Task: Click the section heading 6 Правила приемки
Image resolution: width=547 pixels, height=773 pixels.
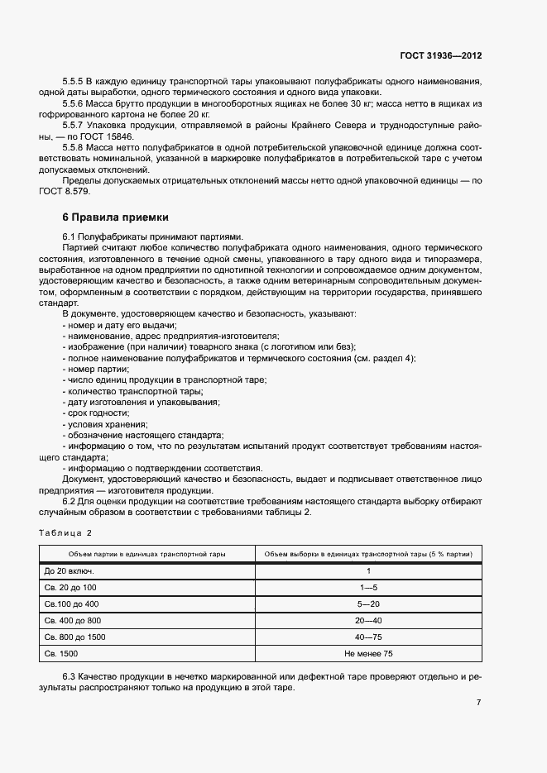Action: (115, 217)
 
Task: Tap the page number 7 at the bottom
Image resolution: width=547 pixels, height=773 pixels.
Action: (478, 702)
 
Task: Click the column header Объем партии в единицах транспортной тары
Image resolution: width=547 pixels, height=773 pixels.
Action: (146, 554)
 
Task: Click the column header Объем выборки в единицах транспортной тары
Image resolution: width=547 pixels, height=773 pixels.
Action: (367, 554)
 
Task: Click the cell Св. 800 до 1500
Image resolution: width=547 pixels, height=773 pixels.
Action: (74, 637)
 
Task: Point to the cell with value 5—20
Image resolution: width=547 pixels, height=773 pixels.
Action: (367, 604)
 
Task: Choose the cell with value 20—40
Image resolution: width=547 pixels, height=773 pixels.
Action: (367, 620)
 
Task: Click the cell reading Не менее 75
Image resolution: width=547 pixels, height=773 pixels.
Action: (367, 653)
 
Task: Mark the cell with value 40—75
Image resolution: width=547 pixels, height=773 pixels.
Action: (367, 637)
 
